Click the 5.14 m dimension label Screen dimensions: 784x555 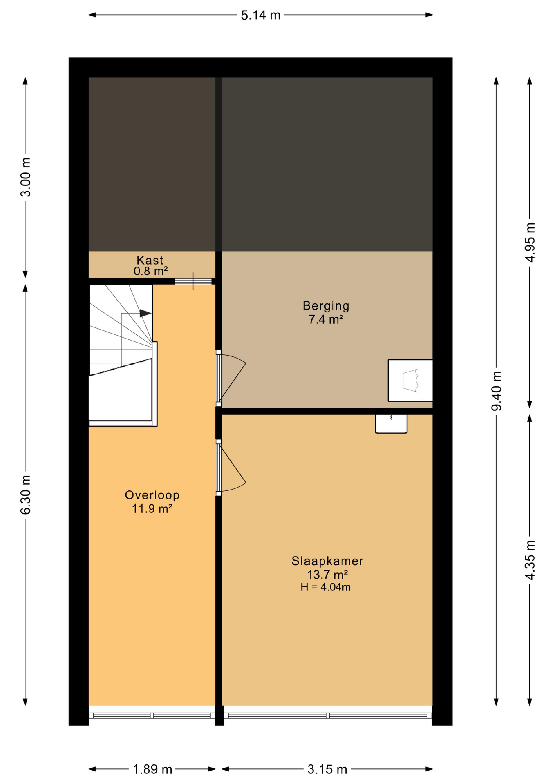click(260, 16)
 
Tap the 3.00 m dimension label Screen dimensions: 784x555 click(26, 177)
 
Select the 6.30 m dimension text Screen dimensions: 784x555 click(26, 494)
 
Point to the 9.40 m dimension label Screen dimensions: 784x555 click(497, 391)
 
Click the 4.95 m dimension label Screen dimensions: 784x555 click(530, 242)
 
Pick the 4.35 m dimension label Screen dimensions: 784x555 click(530, 559)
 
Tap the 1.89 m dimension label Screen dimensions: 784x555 click(152, 770)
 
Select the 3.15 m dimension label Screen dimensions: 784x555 click(327, 770)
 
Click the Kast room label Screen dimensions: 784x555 click(150, 260)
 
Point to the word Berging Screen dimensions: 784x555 click(326, 305)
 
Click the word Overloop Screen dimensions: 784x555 click(152, 495)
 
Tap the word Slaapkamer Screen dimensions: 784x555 click(327, 561)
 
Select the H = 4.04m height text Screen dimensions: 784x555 click(325, 587)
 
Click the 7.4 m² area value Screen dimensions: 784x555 click(325, 319)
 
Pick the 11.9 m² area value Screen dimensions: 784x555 click(152, 509)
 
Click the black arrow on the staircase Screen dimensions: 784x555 click(145, 313)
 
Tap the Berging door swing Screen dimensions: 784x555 click(231, 378)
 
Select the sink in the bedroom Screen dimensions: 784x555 click(391, 423)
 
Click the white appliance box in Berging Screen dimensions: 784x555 click(410, 380)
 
